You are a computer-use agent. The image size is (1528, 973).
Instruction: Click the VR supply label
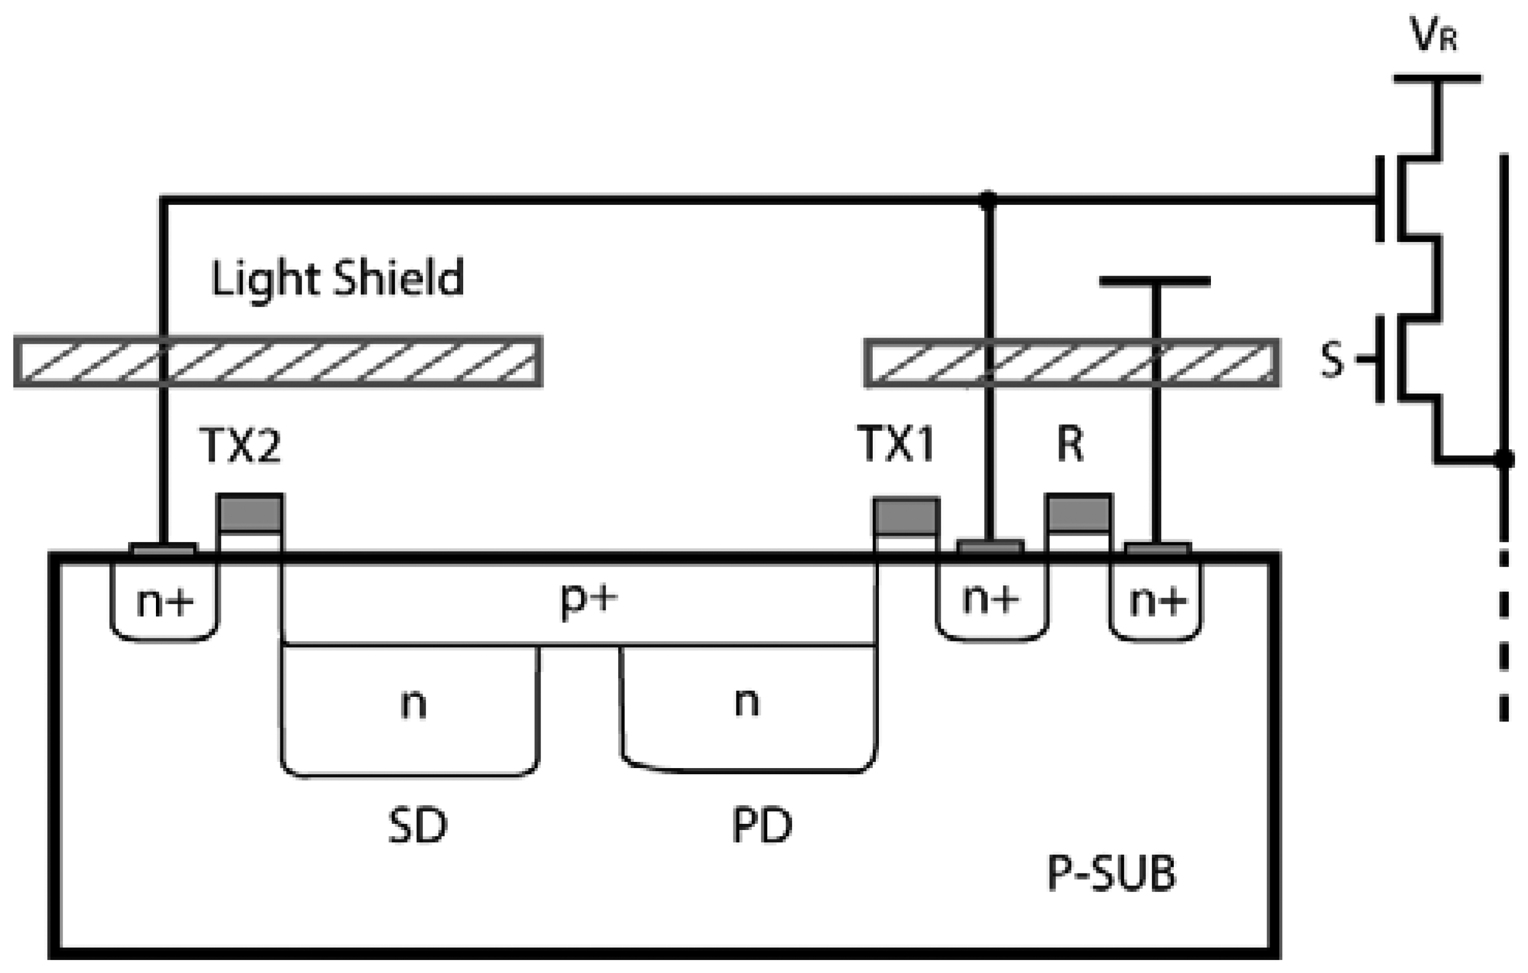(x=1433, y=35)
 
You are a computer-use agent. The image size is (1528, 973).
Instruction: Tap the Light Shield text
(x=337, y=279)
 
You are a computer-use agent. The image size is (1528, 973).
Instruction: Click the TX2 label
(x=239, y=445)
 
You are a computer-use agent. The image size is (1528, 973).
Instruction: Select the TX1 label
(x=895, y=444)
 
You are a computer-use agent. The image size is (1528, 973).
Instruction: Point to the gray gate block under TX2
(x=250, y=513)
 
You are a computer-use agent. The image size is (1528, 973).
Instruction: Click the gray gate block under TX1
(x=906, y=515)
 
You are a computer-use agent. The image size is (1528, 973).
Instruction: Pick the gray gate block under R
(x=1079, y=513)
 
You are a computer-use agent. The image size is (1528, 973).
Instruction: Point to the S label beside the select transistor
(x=1331, y=360)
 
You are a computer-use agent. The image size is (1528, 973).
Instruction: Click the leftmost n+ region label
(x=164, y=602)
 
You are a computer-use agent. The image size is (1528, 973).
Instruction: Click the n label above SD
(x=413, y=705)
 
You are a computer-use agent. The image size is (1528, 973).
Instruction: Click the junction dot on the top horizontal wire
(x=987, y=200)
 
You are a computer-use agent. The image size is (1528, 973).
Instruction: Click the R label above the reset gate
(x=1070, y=444)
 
